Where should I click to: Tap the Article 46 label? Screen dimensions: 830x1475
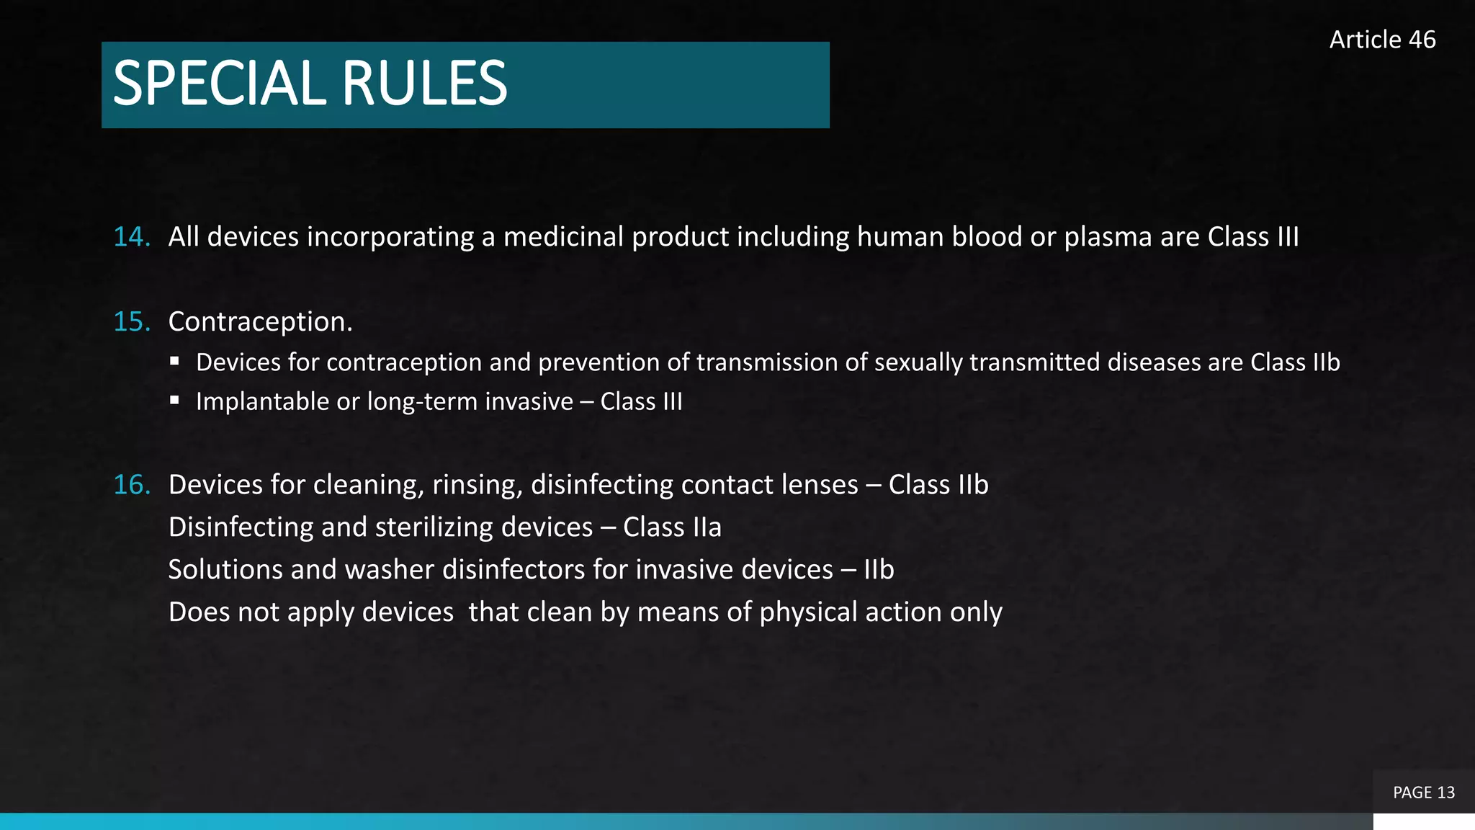click(1382, 40)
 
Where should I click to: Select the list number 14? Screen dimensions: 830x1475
click(132, 237)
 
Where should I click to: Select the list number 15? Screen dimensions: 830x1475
click(132, 321)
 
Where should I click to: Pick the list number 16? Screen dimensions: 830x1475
click(132, 485)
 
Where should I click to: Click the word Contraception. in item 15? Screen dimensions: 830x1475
click(260, 321)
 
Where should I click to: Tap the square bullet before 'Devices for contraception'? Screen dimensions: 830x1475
click(174, 360)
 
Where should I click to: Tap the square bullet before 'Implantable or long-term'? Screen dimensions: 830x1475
click(174, 400)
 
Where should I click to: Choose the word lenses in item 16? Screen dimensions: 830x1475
click(817, 485)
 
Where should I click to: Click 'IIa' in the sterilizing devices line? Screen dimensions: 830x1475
click(707, 527)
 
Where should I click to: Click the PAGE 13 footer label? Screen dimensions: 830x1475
click(1423, 793)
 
